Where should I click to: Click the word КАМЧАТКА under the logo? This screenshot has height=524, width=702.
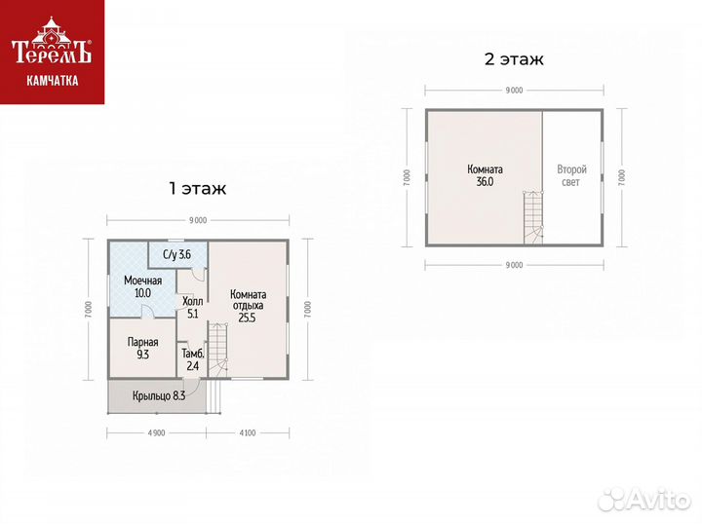(53, 81)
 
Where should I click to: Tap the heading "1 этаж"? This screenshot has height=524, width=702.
(197, 189)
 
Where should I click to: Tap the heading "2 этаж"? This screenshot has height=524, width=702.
(514, 59)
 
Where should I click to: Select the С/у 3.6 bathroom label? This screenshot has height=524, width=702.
(176, 255)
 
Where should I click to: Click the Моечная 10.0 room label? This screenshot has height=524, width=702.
(142, 287)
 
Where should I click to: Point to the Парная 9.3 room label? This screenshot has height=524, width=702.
(142, 349)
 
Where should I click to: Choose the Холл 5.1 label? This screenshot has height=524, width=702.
(192, 308)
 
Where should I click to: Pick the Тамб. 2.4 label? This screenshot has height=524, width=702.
(193, 360)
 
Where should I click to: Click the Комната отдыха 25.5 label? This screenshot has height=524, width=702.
(248, 306)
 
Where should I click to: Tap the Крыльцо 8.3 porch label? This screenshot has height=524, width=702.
(159, 395)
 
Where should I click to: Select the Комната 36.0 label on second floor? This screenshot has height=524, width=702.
(485, 175)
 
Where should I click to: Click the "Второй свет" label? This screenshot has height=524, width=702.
(571, 175)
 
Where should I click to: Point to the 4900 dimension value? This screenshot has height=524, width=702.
(156, 432)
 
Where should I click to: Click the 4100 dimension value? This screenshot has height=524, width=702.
(248, 432)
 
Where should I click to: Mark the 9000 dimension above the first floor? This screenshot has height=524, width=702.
(198, 220)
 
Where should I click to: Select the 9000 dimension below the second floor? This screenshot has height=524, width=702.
(514, 265)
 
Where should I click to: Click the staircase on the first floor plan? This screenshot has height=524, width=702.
(218, 350)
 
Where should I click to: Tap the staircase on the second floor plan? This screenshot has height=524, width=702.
(533, 218)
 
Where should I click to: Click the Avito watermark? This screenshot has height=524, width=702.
(644, 499)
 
